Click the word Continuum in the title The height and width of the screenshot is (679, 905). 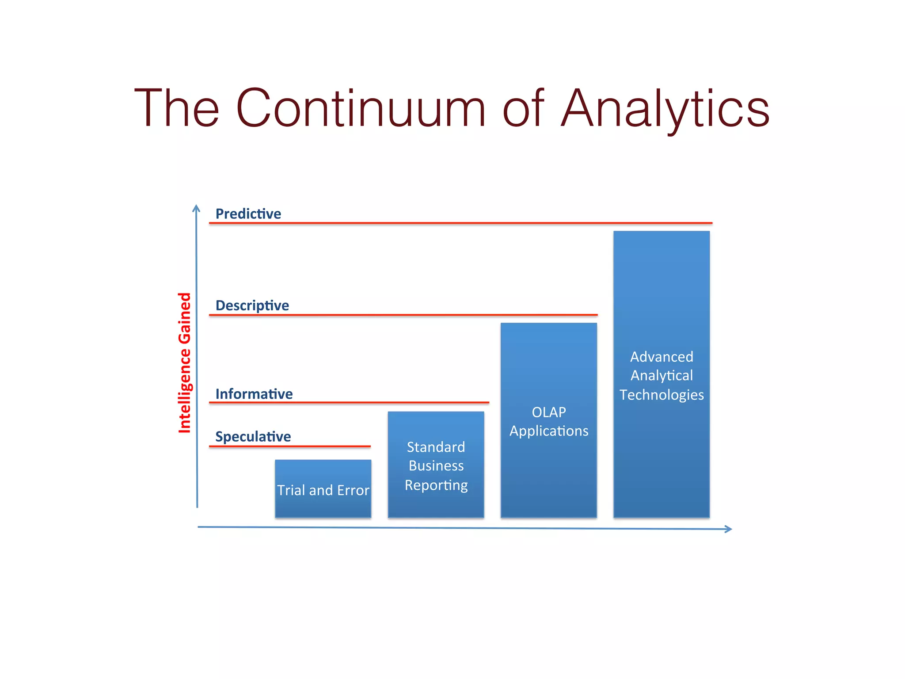point(360,108)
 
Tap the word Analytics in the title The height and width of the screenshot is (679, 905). point(665,109)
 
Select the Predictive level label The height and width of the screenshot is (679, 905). point(248,214)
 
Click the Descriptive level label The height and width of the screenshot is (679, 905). point(252,305)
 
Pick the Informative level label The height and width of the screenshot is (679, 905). point(254,394)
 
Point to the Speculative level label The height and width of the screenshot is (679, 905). point(253,437)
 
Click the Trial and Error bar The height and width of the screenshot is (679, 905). point(323,488)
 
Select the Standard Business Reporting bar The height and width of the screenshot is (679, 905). point(436,464)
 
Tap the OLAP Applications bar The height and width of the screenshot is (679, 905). point(548,420)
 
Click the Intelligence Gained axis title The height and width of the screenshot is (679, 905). point(185,362)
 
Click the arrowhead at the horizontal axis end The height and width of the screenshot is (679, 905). point(728,529)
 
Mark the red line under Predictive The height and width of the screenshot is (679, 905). point(460,223)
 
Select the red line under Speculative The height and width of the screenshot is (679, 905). point(289,446)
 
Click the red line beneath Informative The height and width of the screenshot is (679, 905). point(349,402)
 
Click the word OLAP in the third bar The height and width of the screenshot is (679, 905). point(549,412)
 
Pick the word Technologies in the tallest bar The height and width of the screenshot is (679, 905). point(662,395)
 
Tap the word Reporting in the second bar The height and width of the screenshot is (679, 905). point(436,485)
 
